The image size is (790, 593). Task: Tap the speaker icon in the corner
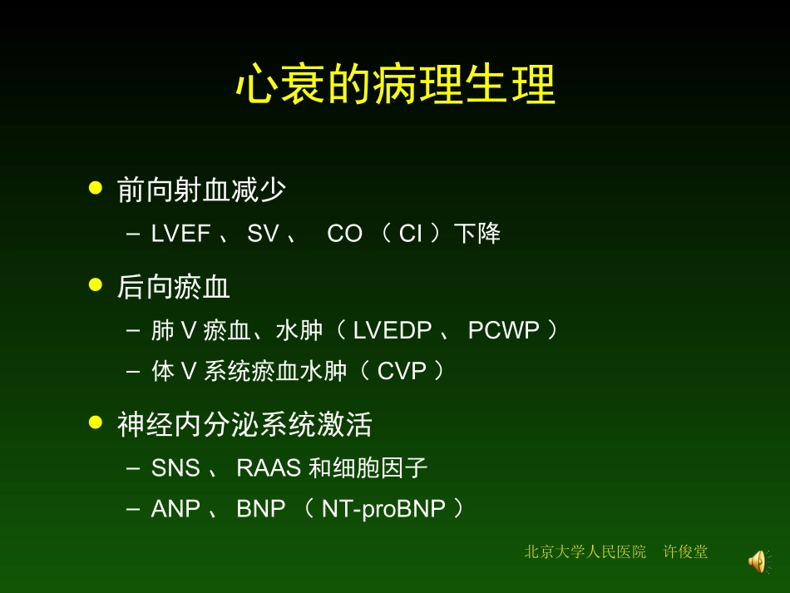pyautogui.click(x=757, y=561)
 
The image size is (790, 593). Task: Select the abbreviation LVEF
pyautogui.click(x=180, y=235)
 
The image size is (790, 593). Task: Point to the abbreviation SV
pyautogui.click(x=263, y=235)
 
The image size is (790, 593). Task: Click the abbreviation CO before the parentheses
pyautogui.click(x=344, y=235)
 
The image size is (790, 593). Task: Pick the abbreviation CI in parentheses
pyautogui.click(x=411, y=235)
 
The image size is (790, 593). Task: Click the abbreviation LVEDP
pyautogui.click(x=393, y=331)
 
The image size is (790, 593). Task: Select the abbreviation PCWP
pyautogui.click(x=504, y=331)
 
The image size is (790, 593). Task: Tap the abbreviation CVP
pyautogui.click(x=401, y=371)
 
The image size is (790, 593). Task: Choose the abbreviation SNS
pyautogui.click(x=175, y=469)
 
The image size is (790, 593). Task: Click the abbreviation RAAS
pyautogui.click(x=269, y=469)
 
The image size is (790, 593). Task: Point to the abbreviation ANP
pyautogui.click(x=175, y=509)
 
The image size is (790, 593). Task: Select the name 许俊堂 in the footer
pyautogui.click(x=685, y=551)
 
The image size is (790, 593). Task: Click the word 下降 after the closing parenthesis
pyautogui.click(x=477, y=235)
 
